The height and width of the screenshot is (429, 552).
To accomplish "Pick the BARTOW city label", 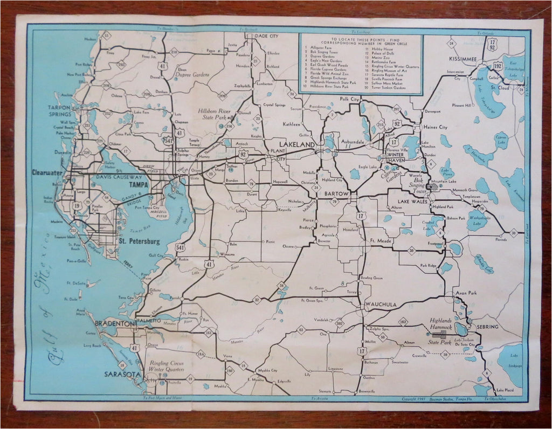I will click(337, 192).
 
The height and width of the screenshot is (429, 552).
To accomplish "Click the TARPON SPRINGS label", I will click(59, 111).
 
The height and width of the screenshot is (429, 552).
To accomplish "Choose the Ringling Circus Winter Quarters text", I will click(168, 366).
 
